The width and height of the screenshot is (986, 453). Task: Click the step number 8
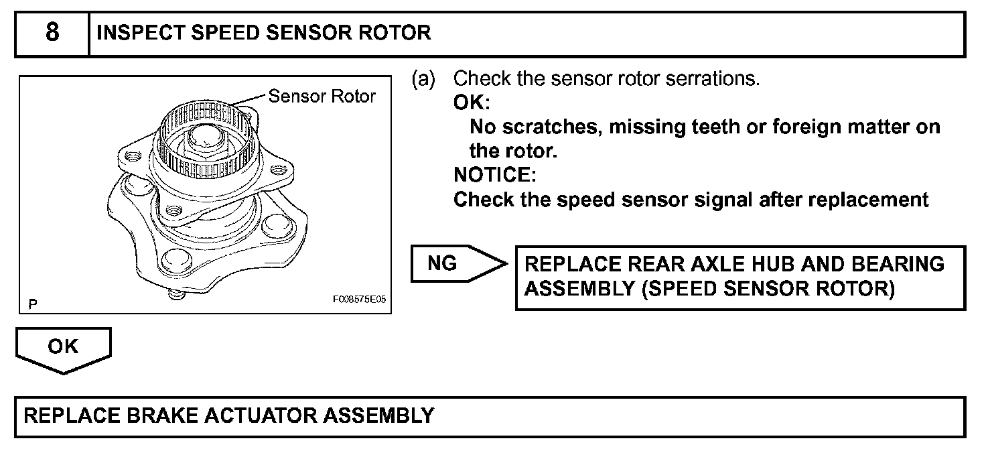[52, 33]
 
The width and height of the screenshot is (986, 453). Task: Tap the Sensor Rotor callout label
[322, 96]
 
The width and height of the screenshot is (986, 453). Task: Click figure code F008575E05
[359, 301]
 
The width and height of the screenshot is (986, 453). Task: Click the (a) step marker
[423, 79]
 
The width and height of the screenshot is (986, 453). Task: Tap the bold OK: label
[472, 103]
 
